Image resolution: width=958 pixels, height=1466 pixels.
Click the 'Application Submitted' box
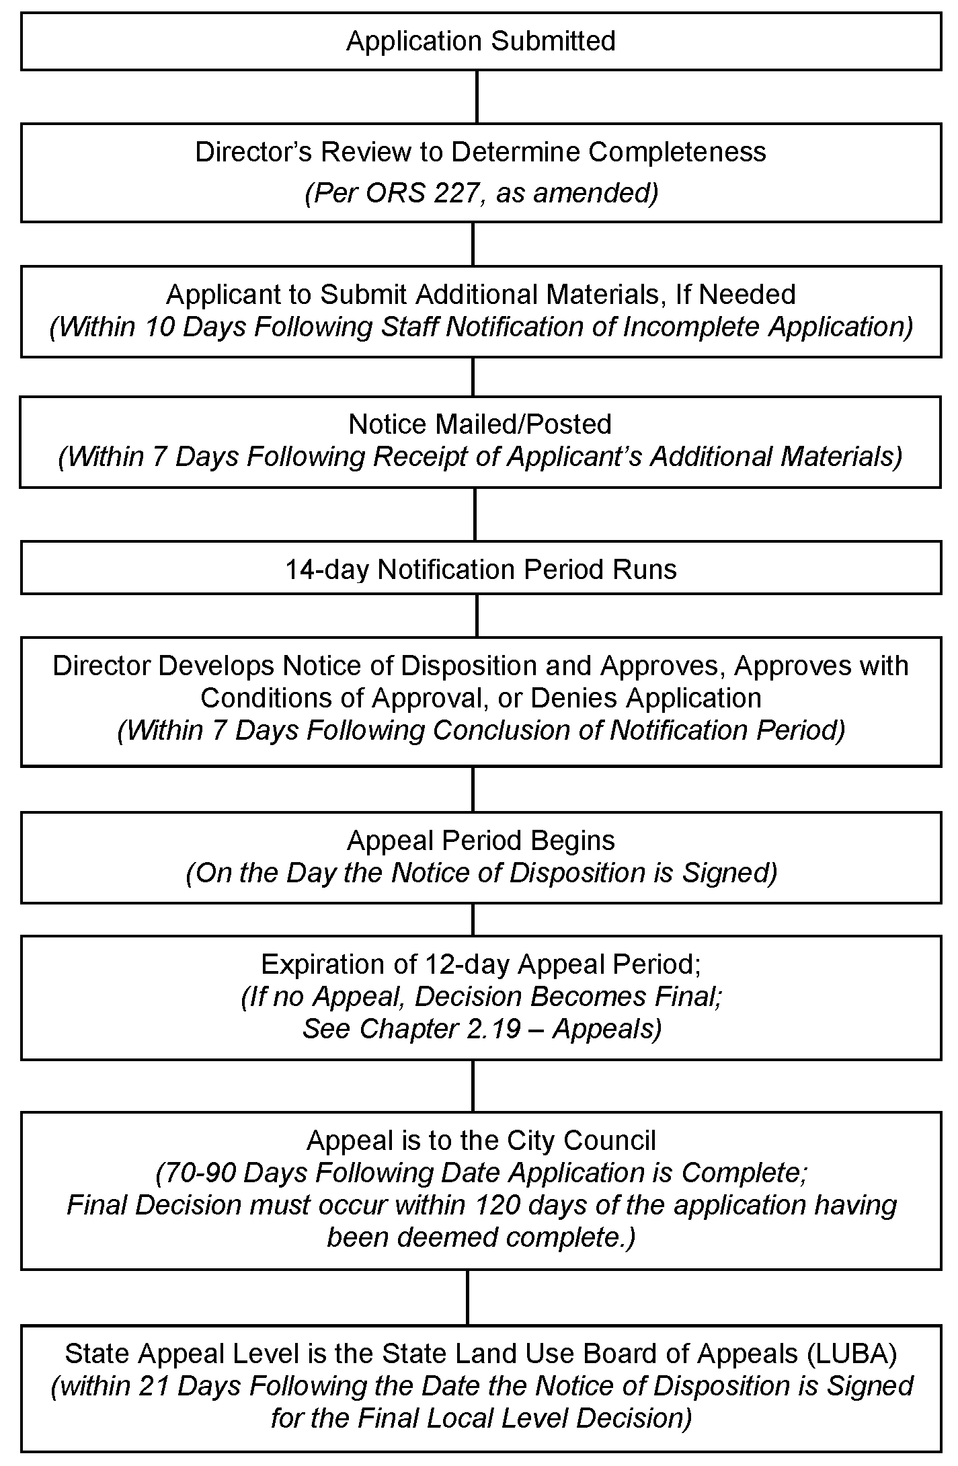tap(481, 41)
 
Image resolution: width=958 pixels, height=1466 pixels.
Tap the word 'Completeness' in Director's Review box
tap(677, 152)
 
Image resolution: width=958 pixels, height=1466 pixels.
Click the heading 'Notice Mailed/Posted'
tap(480, 424)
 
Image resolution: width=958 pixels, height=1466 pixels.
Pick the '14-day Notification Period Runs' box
tap(481, 569)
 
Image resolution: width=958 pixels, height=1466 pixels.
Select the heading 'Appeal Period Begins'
tap(481, 841)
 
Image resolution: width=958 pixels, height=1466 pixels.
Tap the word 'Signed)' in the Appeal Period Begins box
tap(730, 873)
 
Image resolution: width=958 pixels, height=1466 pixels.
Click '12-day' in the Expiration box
tap(468, 964)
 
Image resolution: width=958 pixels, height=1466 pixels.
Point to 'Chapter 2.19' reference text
tap(440, 1029)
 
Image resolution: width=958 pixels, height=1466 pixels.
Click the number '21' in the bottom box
tap(157, 1386)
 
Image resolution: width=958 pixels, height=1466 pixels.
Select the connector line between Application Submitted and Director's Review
tap(477, 97)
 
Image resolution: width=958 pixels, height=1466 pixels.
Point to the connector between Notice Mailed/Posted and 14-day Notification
tap(475, 514)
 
